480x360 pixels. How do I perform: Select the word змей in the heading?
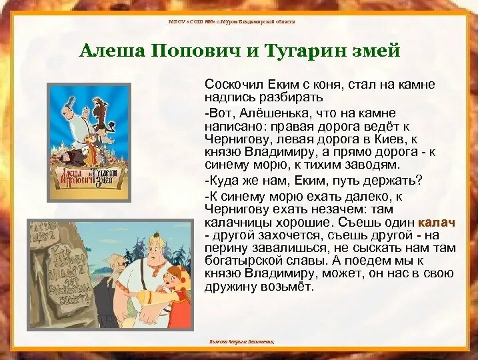[377, 51]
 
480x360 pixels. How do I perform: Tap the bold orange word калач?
[437, 222]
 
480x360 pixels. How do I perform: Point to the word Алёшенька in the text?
[267, 113]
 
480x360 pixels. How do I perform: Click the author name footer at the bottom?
[241, 341]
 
